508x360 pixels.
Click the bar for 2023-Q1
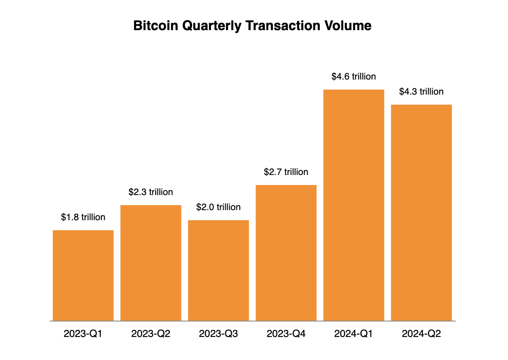(x=83, y=275)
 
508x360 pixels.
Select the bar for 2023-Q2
(x=151, y=263)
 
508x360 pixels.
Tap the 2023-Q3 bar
(x=218, y=270)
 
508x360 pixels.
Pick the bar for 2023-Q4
(x=286, y=253)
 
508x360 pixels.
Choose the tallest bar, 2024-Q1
(x=354, y=205)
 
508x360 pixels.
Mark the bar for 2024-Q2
(x=421, y=213)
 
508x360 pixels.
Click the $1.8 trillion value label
(x=83, y=217)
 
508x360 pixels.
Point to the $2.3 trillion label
(x=151, y=192)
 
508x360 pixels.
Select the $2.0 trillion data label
(x=218, y=207)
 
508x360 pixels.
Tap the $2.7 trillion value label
(x=286, y=172)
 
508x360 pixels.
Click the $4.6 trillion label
(x=354, y=77)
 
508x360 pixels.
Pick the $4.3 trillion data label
(x=421, y=92)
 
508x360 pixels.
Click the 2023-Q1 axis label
(x=83, y=334)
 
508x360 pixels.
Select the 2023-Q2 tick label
(x=151, y=334)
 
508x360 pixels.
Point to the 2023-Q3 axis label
(x=218, y=334)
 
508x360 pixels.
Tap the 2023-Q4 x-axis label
(x=286, y=334)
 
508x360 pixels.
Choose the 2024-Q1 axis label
(x=354, y=334)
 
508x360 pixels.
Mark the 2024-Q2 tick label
(x=421, y=334)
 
